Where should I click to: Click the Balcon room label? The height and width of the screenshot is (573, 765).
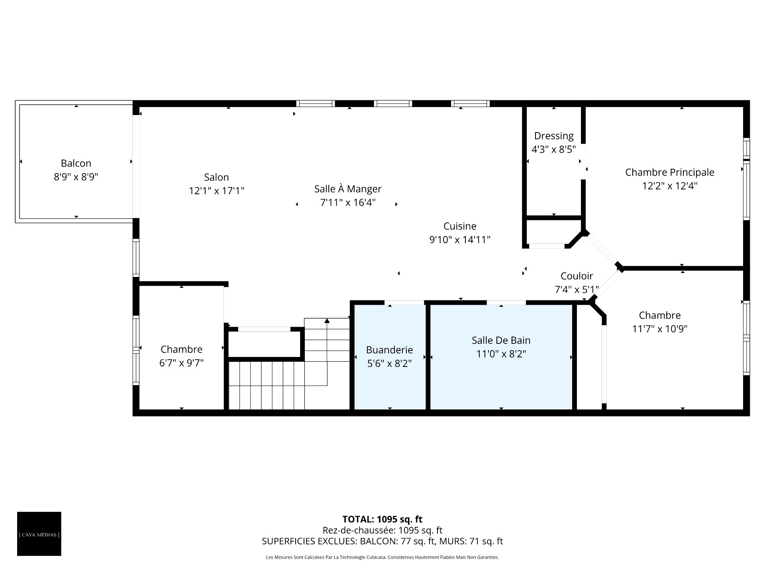pos(76,163)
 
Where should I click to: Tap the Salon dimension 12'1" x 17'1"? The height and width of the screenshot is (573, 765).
pos(216,191)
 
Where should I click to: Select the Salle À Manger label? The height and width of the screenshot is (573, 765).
pos(348,189)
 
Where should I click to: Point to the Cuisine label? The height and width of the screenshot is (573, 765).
pos(460,226)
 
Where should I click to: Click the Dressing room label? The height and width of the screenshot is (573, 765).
pos(554,136)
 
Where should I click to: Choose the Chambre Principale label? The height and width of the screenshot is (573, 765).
pos(670,172)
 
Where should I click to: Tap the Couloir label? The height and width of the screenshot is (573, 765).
pos(577,276)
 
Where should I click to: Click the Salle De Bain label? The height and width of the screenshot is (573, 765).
pos(501,340)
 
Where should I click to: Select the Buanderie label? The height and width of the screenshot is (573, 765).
pos(389,350)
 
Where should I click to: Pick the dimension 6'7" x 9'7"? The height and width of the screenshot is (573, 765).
pos(181,363)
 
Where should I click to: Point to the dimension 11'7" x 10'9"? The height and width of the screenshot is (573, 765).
pos(660,329)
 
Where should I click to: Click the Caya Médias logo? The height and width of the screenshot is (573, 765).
pos(39,534)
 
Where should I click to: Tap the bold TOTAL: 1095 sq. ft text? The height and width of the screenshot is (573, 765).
pos(382,519)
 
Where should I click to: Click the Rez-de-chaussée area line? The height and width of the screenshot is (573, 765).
pos(382,530)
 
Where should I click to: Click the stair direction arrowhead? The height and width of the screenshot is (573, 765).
pos(327,320)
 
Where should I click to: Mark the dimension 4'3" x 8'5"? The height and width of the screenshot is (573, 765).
pos(554,149)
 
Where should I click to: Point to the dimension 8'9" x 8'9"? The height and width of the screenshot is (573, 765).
pos(76,177)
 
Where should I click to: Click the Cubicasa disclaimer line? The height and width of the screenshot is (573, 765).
pos(382,557)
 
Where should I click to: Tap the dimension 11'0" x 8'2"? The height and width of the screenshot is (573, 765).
pos(501,354)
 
